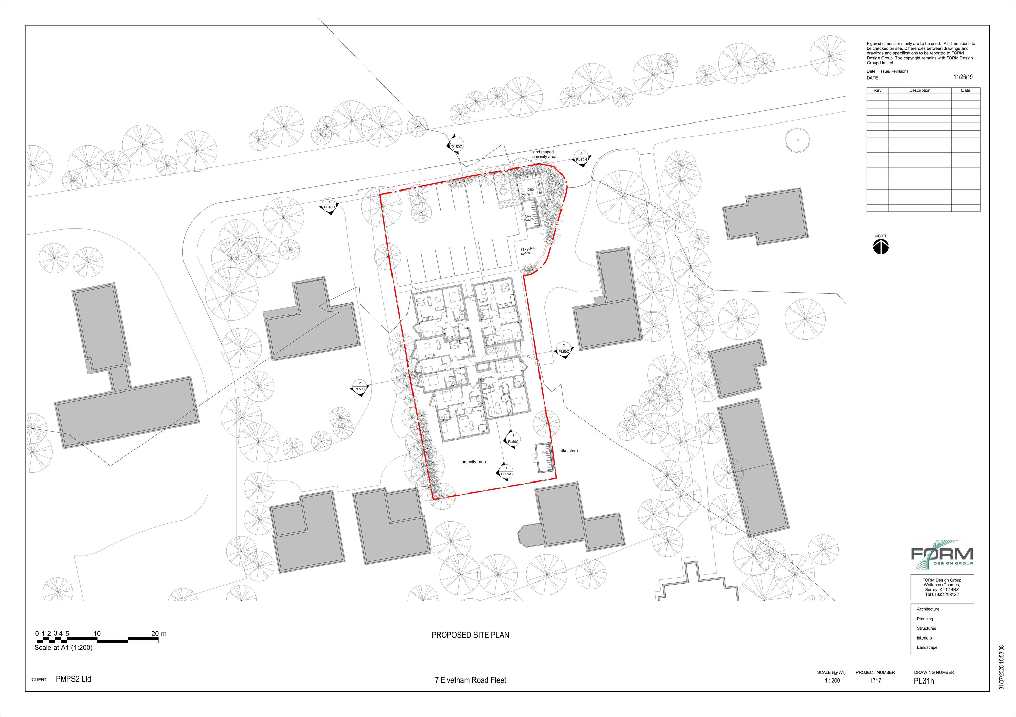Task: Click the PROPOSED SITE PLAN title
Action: pos(470,635)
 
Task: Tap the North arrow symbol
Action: pos(881,247)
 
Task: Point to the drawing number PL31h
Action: pos(924,681)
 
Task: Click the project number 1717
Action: pos(875,681)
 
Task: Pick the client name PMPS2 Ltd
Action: pos(73,679)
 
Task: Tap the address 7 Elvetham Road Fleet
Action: pos(470,680)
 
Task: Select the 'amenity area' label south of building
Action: pos(473,462)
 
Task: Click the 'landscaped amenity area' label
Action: pos(544,154)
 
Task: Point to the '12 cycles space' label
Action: pos(527,251)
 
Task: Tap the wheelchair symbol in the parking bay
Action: pos(504,191)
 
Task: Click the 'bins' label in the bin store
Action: pos(530,189)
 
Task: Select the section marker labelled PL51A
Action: pos(506,474)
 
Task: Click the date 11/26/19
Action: pos(963,77)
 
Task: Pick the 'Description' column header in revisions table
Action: pos(919,91)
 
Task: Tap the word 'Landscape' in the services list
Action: pos(927,648)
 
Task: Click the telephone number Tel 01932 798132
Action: pos(941,595)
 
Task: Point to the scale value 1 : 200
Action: pos(832,681)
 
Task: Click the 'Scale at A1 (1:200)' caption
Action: pos(63,648)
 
